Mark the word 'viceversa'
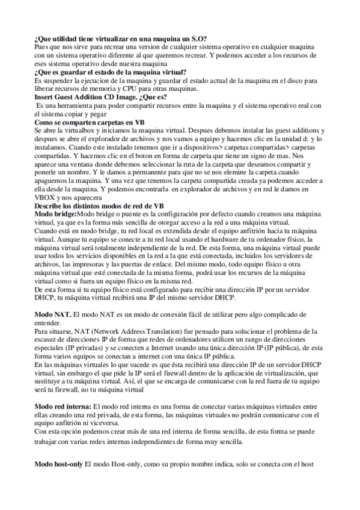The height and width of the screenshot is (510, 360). (109, 408)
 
